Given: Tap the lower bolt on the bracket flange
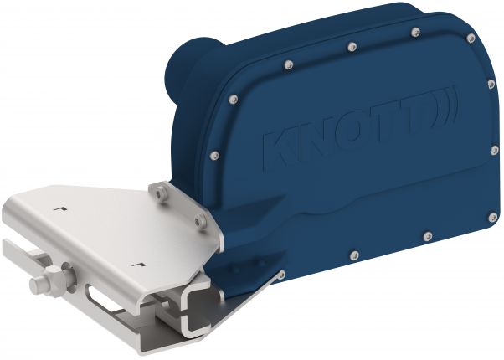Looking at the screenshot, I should [200, 221].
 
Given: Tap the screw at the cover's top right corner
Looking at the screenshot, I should [471, 39].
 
